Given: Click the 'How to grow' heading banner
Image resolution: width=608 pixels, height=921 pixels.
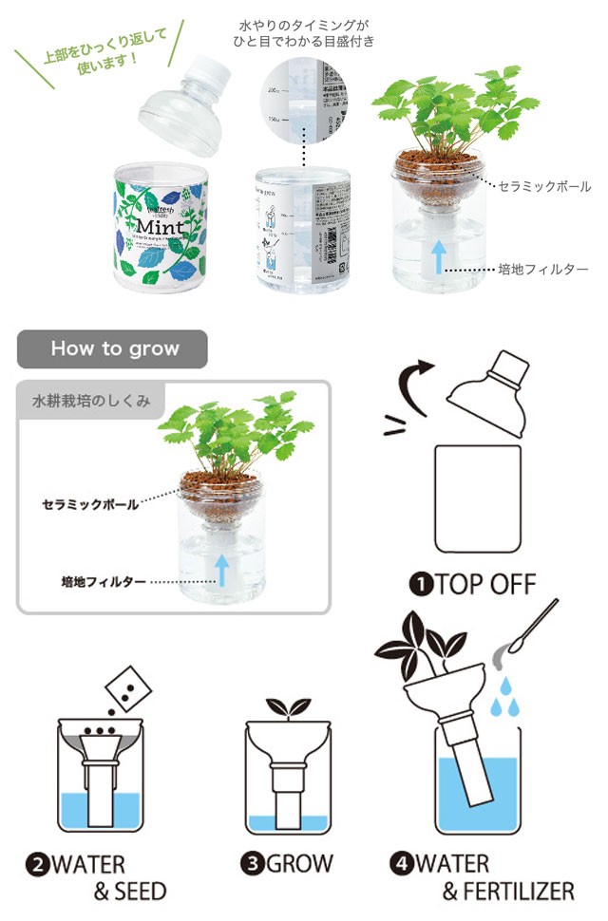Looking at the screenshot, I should coord(112,348).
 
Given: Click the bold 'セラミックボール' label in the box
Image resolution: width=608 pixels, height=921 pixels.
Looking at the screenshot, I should coord(90,503).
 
